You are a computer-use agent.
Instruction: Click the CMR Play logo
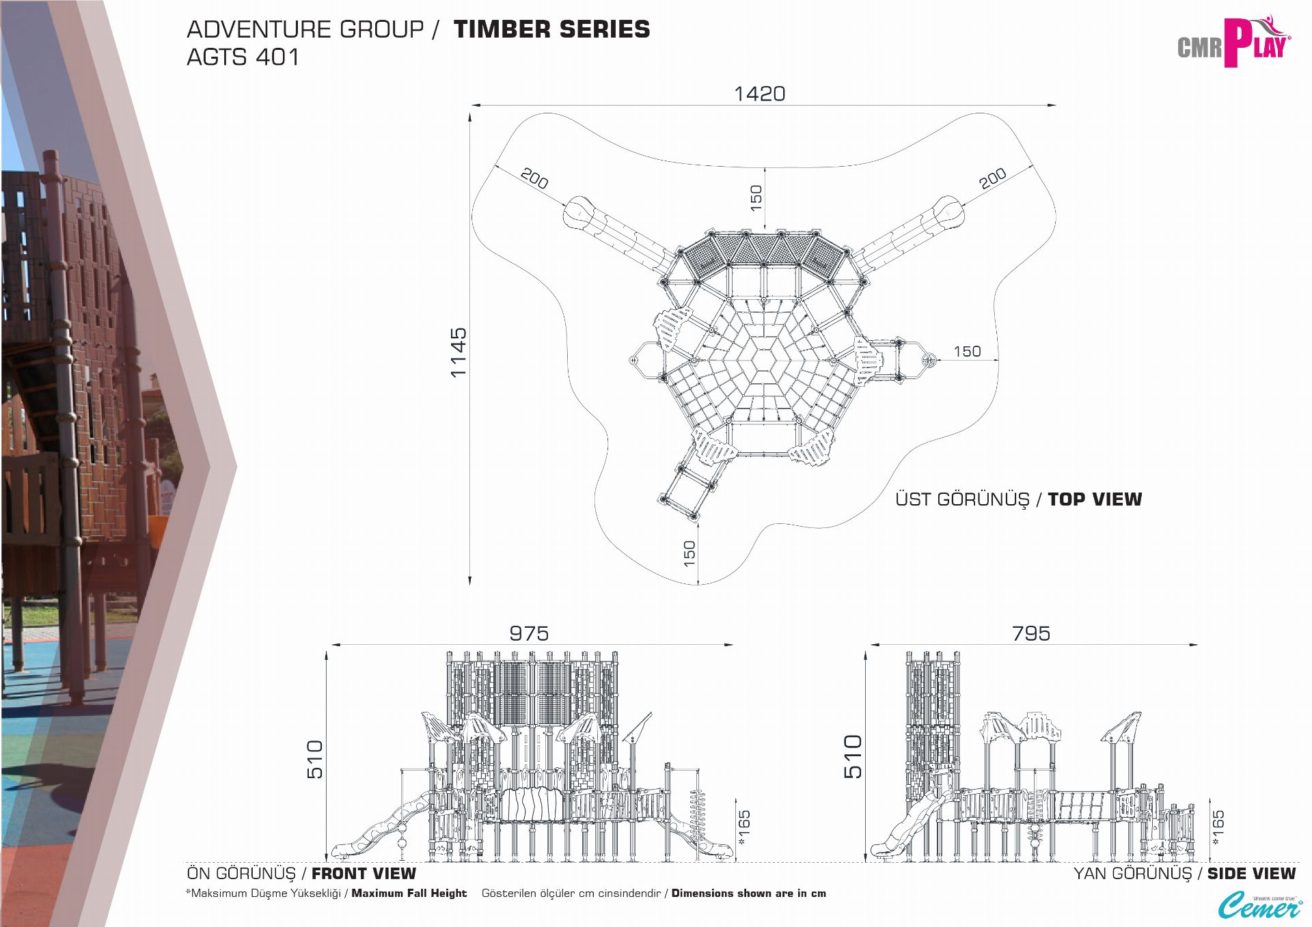[1233, 42]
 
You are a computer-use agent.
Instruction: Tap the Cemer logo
[1259, 906]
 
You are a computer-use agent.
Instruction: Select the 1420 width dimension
[759, 94]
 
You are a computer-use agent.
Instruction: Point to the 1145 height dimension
[459, 352]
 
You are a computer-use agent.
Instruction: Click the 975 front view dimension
[529, 633]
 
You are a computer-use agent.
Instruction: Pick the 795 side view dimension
[1031, 633]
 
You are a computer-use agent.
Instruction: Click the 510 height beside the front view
[314, 759]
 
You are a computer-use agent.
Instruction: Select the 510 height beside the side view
[853, 756]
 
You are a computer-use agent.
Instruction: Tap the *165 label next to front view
[744, 827]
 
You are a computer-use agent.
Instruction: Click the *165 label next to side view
[1218, 827]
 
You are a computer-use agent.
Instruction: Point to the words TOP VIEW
[1095, 499]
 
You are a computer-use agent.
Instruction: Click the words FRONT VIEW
[364, 874]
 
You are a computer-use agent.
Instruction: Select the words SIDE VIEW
[1251, 874]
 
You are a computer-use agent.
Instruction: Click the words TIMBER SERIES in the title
[551, 29]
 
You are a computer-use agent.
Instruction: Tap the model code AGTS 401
[243, 57]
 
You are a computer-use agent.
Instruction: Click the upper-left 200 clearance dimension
[534, 178]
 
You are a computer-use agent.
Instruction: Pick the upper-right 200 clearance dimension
[992, 178]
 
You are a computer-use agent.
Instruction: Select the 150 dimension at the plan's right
[967, 351]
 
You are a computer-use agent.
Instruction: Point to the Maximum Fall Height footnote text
[409, 894]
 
